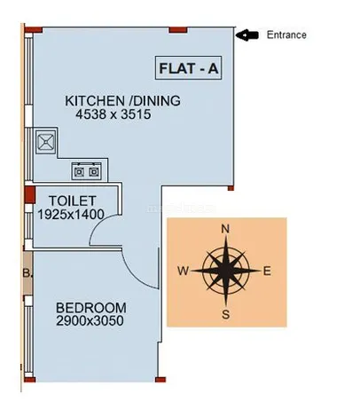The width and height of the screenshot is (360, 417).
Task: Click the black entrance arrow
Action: click(247, 35)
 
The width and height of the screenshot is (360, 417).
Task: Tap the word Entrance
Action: click(286, 35)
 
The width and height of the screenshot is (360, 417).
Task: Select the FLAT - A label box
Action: click(189, 67)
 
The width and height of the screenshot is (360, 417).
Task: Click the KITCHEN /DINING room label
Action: click(122, 101)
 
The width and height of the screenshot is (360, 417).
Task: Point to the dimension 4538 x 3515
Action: click(113, 114)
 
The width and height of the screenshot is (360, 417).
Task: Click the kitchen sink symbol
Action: click(45, 141)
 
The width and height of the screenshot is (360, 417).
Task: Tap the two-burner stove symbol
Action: click(86, 171)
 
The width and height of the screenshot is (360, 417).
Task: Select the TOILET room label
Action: click(73, 201)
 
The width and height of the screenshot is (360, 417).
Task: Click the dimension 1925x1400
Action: click(71, 214)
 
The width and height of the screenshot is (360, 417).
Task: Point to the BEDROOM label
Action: click(91, 308)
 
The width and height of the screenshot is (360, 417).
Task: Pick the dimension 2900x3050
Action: click(90, 321)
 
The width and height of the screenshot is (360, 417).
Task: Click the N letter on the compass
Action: click(225, 229)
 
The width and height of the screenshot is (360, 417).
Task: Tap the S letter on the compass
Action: click(225, 314)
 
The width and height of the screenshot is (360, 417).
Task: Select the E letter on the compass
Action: click(267, 271)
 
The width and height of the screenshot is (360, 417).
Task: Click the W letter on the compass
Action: click(184, 271)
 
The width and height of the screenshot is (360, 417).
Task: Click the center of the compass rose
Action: click(225, 271)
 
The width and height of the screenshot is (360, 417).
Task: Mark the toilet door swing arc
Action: click(98, 224)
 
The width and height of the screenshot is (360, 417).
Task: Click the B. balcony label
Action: click(27, 273)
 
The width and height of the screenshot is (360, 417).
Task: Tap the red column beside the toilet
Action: click(30, 194)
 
